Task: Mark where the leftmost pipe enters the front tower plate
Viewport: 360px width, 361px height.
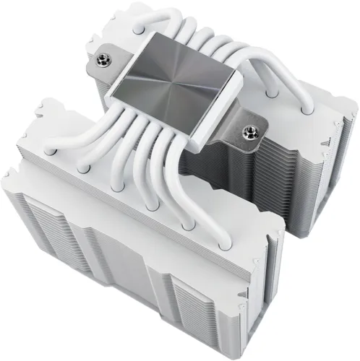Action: coord(47,149)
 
